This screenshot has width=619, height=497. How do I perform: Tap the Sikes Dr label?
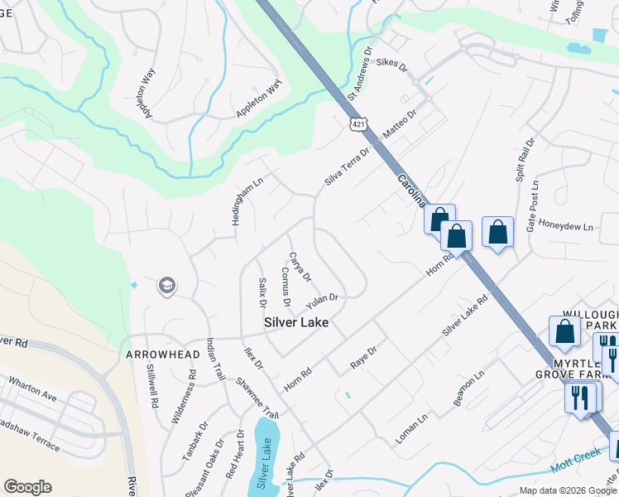point(392,62)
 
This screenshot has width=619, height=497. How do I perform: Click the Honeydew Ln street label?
point(566,226)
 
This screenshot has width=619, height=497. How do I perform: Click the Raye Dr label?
point(363,358)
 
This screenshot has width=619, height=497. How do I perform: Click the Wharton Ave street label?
point(33,390)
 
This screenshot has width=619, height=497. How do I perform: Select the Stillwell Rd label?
point(152,388)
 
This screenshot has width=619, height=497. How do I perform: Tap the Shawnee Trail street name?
point(257,397)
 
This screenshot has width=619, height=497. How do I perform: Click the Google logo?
point(27,487)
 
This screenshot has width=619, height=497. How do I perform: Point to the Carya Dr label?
point(300,266)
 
